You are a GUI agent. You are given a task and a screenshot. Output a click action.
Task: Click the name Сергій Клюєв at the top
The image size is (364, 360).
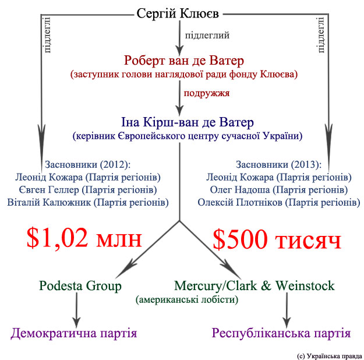pos(180,13)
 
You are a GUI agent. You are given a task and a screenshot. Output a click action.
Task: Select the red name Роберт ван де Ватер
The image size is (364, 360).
pos(183,61)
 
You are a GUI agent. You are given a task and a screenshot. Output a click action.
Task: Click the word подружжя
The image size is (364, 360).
pos(206,93)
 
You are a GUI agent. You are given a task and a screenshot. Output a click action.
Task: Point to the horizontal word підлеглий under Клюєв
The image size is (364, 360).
pos(207,35)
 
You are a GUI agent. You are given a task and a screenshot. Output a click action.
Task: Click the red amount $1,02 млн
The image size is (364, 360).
pos(84,238)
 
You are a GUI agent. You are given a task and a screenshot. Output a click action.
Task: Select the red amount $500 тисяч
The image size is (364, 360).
pos(276,238)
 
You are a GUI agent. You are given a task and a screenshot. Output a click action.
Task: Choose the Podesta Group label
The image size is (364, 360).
pos(80,286)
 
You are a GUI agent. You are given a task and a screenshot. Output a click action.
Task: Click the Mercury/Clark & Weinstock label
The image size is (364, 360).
pos(255,286)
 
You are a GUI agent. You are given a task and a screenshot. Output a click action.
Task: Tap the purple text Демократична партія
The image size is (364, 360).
pos(74,334)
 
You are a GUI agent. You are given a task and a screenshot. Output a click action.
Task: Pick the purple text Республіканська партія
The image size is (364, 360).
pos(281,334)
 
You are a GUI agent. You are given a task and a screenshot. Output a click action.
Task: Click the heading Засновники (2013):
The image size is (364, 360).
pos(282,164)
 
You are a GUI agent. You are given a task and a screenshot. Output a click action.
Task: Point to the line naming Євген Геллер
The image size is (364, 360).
pos(89,189)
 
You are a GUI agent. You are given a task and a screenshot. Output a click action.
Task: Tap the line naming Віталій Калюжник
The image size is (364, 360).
pos(89,203)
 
